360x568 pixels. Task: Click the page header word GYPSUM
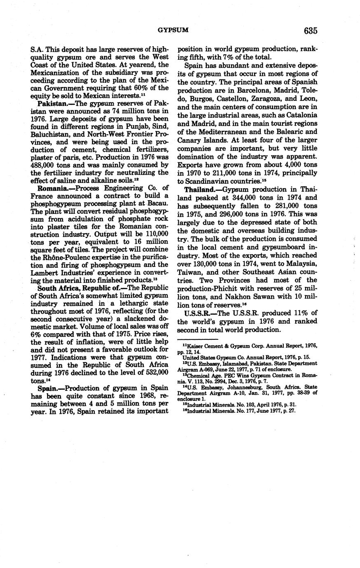(x=173, y=30)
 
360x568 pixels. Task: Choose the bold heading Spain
(x=48, y=388)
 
